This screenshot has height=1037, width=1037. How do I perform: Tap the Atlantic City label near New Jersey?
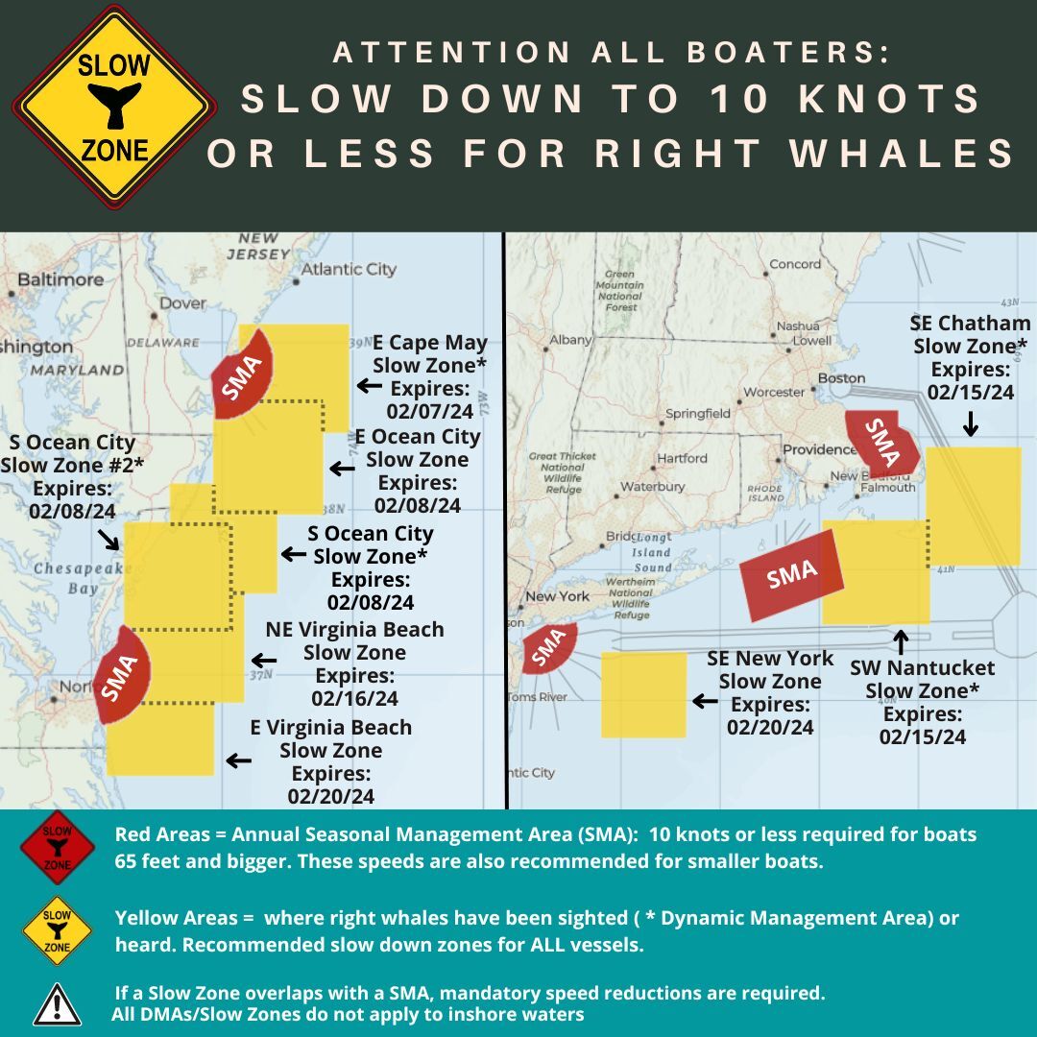pos(348,269)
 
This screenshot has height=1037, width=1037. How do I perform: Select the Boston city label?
pos(841,377)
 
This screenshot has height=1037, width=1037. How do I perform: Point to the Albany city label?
pos(570,340)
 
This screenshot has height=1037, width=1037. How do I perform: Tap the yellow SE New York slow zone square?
pos(643,694)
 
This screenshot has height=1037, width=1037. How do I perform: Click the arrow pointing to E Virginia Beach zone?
pos(238,760)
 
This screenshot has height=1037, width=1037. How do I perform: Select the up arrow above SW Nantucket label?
pos(901,640)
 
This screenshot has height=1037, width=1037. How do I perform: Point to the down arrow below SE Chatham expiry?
pos(970,422)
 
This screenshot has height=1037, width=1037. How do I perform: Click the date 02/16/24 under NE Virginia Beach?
pos(354,698)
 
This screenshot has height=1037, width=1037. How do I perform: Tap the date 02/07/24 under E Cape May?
pos(430,411)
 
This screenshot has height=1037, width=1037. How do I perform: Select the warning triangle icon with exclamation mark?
pos(57,1003)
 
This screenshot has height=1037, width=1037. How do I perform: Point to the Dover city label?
pos(181,302)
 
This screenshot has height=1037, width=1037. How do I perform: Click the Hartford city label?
pos(682,458)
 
